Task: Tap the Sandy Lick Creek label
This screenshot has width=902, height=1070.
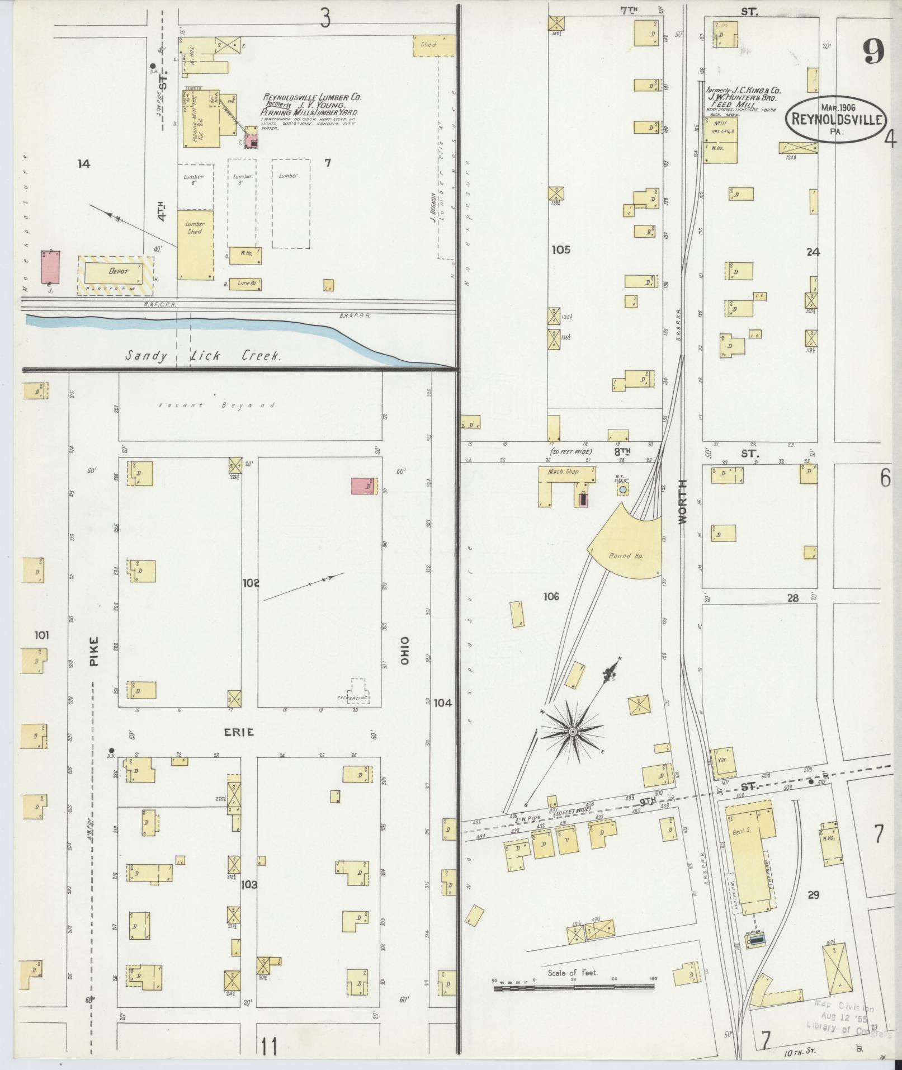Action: tap(202, 356)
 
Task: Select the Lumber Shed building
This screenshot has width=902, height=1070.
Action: tap(195, 245)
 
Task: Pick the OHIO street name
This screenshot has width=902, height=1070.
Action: tap(405, 651)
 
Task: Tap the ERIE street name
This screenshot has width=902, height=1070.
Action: tap(239, 732)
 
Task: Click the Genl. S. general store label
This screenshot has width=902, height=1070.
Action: tap(742, 831)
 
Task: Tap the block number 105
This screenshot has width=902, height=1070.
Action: tap(560, 249)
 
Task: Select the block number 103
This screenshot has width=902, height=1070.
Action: tap(249, 885)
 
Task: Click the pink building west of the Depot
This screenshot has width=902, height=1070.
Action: tap(51, 266)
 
